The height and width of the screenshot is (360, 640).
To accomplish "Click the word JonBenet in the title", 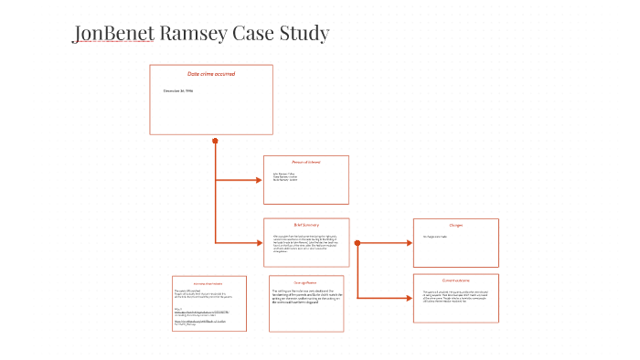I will coord(113,35).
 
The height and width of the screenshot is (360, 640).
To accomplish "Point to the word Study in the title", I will coord(306,35).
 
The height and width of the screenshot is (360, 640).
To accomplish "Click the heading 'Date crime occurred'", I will coord(211,74).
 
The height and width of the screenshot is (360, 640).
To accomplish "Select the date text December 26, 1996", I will coord(178,90).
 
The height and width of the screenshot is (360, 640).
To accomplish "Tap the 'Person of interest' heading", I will coord(306,162).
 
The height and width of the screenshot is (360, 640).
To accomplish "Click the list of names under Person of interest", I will coord(285,176).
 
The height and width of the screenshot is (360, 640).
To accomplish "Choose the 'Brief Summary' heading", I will coord(305,224).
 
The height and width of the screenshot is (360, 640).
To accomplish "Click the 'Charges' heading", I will coord(455,225).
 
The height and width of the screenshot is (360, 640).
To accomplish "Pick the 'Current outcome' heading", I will coord(455,280).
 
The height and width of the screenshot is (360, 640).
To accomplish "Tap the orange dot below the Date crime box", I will coord(215,141).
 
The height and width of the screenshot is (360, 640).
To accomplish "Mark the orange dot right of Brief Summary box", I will coord(357,243).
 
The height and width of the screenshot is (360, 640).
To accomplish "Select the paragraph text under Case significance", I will coord(305,296).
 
